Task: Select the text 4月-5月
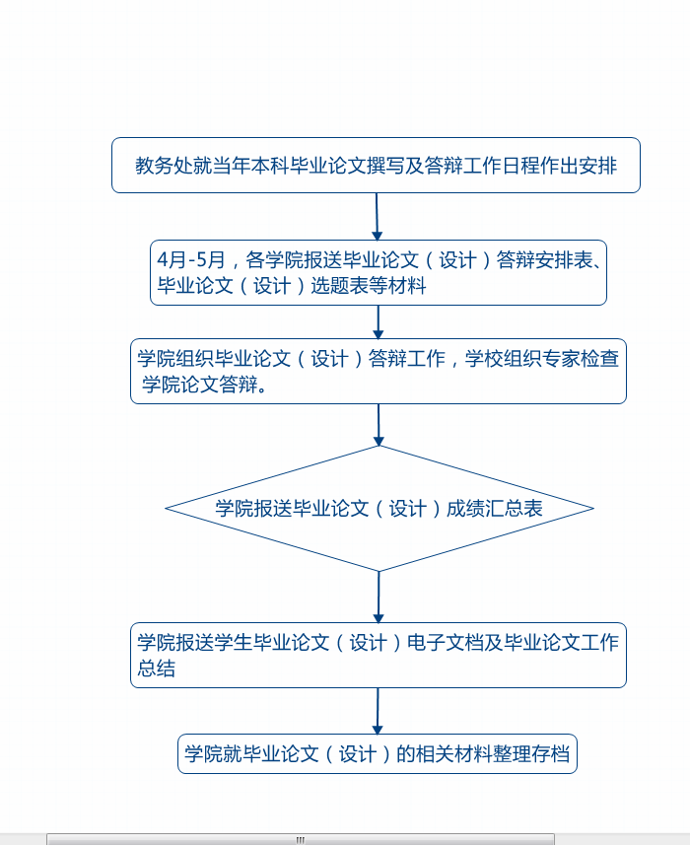click(191, 260)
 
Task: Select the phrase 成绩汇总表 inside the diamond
click(494, 508)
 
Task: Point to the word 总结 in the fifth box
click(156, 669)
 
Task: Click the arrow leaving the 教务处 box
click(378, 216)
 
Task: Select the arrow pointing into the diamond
click(379, 425)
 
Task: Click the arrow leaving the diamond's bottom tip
click(379, 597)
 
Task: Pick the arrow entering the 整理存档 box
click(378, 711)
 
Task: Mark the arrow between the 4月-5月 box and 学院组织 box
click(379, 322)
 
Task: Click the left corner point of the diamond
click(166, 508)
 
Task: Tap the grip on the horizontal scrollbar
click(301, 840)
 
